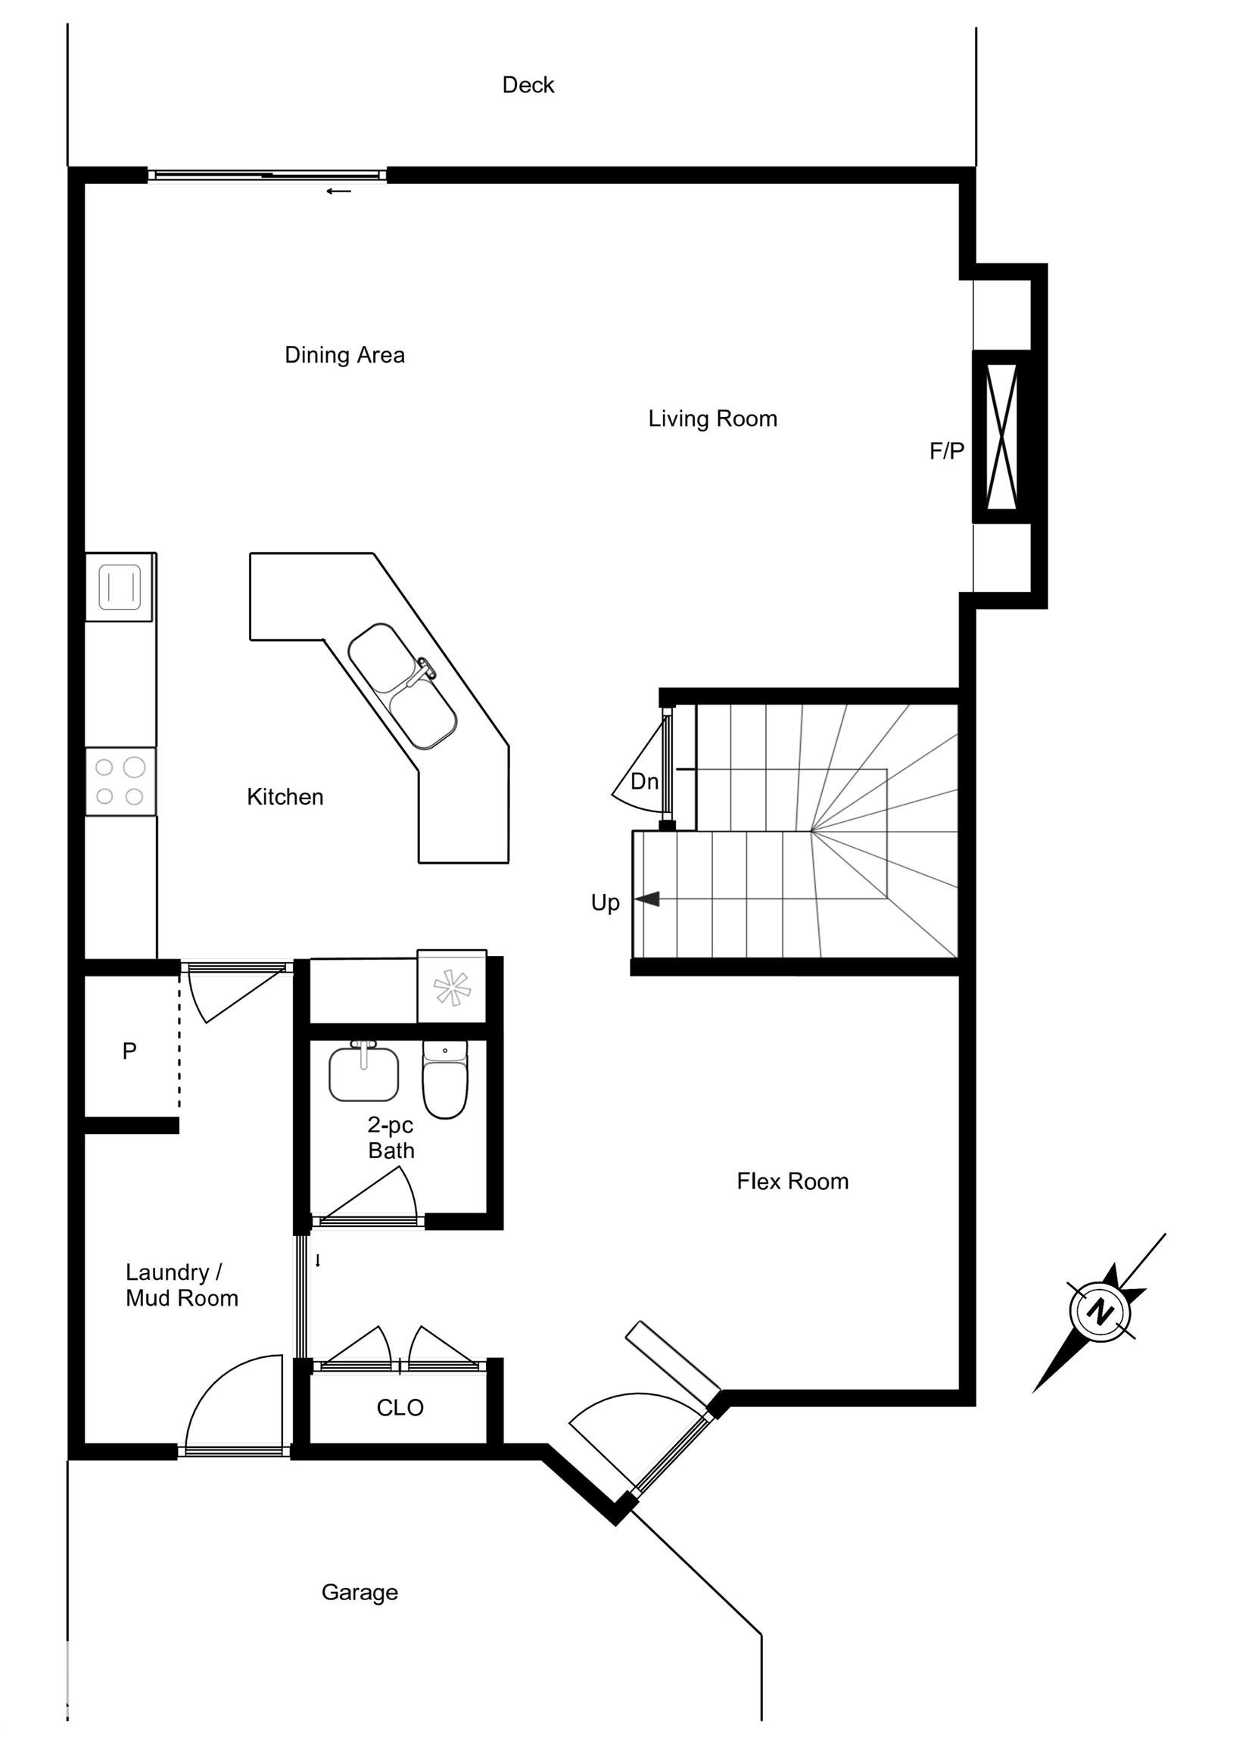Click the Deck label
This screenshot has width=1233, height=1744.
pyautogui.click(x=528, y=85)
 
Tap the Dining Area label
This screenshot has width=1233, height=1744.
pyautogui.click(x=344, y=355)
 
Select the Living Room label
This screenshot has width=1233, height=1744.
pyautogui.click(x=711, y=419)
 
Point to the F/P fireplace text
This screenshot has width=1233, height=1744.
pyautogui.click(x=946, y=451)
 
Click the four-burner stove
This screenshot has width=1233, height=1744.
pyautogui.click(x=120, y=782)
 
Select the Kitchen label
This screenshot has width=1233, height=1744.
pyautogui.click(x=285, y=797)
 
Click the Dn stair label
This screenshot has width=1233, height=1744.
pyautogui.click(x=644, y=781)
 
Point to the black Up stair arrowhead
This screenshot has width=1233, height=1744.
pyautogui.click(x=646, y=899)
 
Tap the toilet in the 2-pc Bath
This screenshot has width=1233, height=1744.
pyautogui.click(x=445, y=1081)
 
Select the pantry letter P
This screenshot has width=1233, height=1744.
pyautogui.click(x=129, y=1051)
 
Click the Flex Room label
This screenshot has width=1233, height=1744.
pyautogui.click(x=792, y=1181)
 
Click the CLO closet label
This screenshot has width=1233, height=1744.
pyautogui.click(x=400, y=1407)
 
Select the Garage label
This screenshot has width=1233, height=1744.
pyautogui.click(x=360, y=1592)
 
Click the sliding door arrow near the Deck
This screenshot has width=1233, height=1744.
pyautogui.click(x=339, y=191)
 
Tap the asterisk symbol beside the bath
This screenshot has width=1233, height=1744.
pyautogui.click(x=452, y=988)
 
